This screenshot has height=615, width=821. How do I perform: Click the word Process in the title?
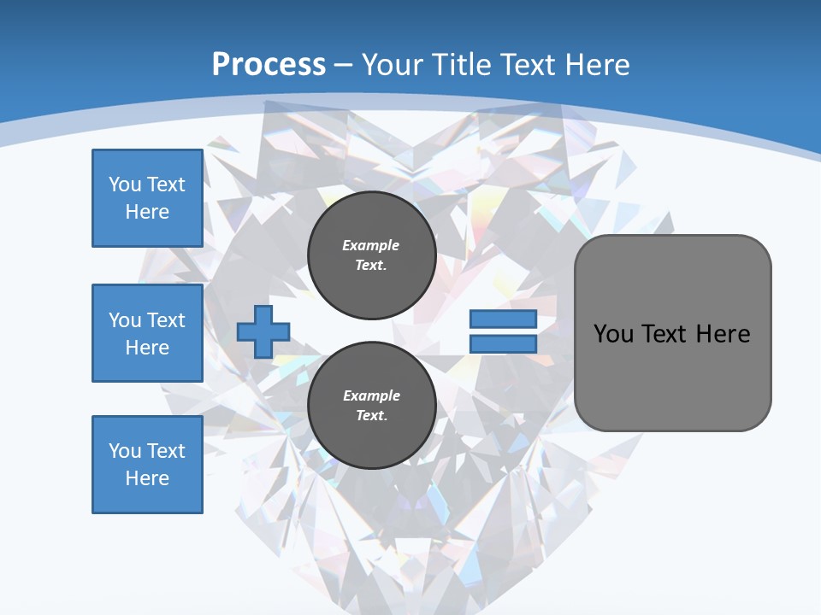pyautogui.click(x=269, y=64)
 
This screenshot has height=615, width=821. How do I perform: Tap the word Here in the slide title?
pyautogui.click(x=595, y=64)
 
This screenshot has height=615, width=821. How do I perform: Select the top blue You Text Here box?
pyautogui.click(x=147, y=198)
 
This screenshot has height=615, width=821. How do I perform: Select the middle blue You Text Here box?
pyautogui.click(x=147, y=333)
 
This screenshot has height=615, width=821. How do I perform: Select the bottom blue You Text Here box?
pyautogui.click(x=147, y=465)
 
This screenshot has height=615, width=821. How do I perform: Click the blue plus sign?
pyautogui.click(x=263, y=331)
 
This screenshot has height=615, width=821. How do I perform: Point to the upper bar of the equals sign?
pyautogui.click(x=503, y=319)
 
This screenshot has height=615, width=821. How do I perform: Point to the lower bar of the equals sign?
pyautogui.click(x=503, y=344)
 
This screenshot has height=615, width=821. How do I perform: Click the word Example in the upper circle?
pyautogui.click(x=371, y=245)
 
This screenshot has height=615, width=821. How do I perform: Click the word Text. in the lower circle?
pyautogui.click(x=371, y=415)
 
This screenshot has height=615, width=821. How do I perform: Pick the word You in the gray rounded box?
pyautogui.click(x=613, y=334)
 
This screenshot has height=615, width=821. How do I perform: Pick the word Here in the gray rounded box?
pyautogui.click(x=723, y=334)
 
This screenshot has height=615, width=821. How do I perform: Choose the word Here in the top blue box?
pyautogui.click(x=147, y=212)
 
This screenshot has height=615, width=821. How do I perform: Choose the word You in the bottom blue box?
pyautogui.click(x=125, y=451)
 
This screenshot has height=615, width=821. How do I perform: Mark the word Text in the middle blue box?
pyautogui.click(x=166, y=320)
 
